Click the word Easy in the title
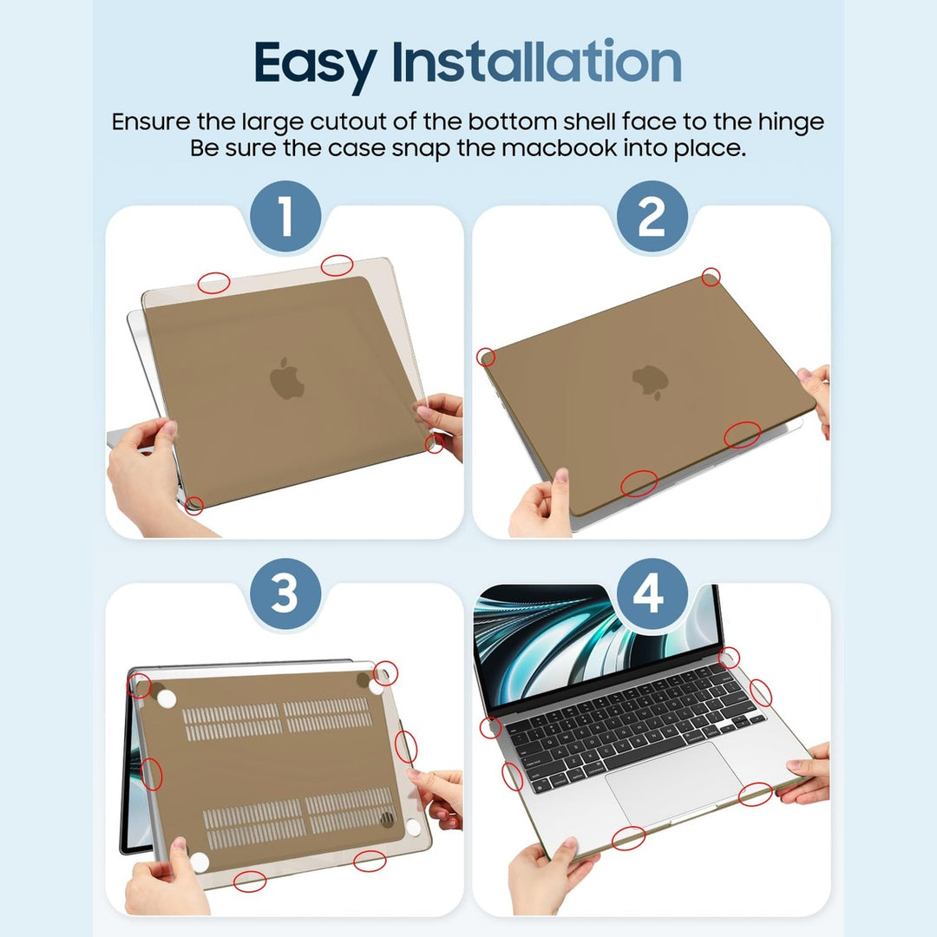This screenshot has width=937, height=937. [315, 63]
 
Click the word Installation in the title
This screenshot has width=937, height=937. [536, 62]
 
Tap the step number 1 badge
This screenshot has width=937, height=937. [285, 217]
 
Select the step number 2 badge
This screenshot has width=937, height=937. [651, 217]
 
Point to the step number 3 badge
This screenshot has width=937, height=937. [285, 596]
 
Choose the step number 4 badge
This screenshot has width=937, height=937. [651, 596]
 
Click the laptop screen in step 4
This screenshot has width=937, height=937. [590, 642]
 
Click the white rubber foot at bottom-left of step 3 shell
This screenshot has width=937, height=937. [200, 862]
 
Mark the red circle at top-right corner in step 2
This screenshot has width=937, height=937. [711, 277]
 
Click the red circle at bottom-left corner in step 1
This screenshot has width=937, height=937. [194, 505]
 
